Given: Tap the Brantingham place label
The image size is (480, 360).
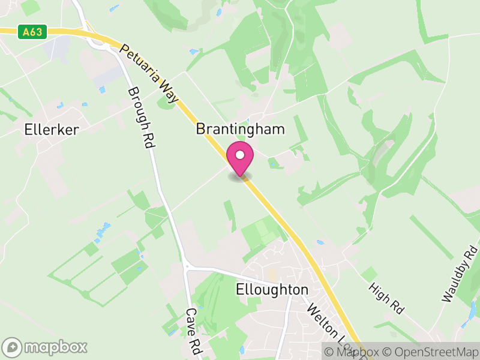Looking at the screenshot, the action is [240, 129].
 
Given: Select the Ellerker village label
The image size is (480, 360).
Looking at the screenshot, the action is [52, 129].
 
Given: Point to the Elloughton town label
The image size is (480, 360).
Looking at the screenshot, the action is [272, 289].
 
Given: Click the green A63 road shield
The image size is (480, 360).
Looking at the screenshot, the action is [32, 32].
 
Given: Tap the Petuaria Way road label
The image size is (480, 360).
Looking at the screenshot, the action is [150, 74].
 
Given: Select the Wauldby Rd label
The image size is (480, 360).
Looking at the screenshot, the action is [459, 274].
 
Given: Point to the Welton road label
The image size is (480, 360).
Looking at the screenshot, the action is [324, 324].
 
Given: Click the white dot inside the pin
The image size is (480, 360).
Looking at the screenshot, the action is [240, 155].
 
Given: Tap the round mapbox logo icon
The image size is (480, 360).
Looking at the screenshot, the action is [12, 347].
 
